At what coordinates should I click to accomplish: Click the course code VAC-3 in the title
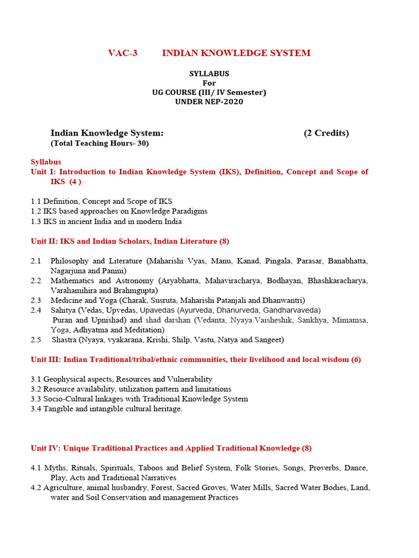(x=123, y=53)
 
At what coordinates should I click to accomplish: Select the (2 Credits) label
(x=326, y=133)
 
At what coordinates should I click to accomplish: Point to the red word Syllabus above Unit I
(x=46, y=162)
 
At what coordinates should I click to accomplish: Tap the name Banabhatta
(x=348, y=261)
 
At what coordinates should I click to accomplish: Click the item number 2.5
(x=36, y=339)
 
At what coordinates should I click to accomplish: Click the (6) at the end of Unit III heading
(x=356, y=360)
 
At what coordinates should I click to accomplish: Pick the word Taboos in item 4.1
(x=150, y=468)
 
